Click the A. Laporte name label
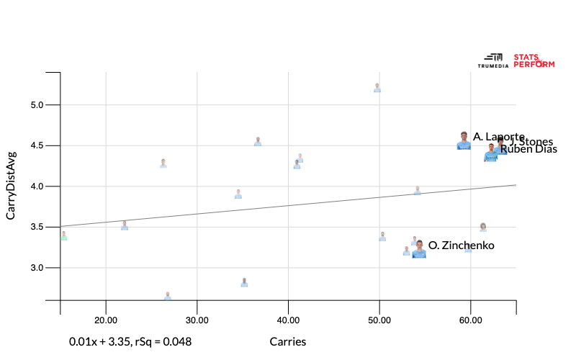coord(498,137)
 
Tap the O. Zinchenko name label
coord(461,246)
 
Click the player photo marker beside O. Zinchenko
coord(419,249)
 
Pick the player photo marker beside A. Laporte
coord(464,141)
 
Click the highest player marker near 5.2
coord(377,88)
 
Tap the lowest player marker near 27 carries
coord(168,295)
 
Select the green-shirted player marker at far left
coord(63,235)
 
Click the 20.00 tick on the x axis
coord(106,320)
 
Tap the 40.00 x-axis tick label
coord(288,320)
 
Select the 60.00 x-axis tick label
coord(470,320)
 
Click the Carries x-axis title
coord(288,342)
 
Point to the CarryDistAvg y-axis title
coord(11,186)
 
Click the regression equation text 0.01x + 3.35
coord(130,342)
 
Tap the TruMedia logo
coord(493,60)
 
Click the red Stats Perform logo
coord(534,60)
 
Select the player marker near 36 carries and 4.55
coord(258,141)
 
